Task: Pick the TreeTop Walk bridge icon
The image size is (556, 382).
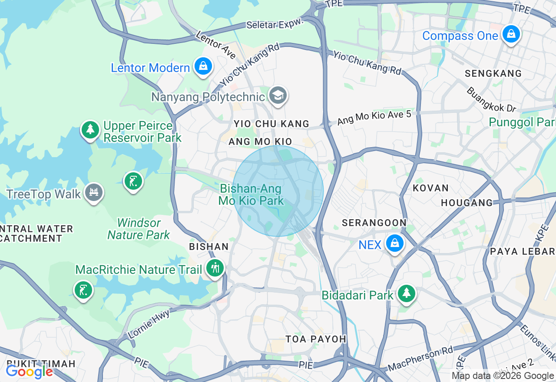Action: (93, 192)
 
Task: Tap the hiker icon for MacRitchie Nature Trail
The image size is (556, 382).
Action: (215, 268)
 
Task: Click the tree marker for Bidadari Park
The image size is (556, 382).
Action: (406, 294)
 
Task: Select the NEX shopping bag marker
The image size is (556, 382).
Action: (394, 244)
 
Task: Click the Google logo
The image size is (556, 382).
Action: (29, 372)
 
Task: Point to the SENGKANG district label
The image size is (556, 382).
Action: (493, 73)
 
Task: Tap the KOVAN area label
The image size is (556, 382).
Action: (430, 188)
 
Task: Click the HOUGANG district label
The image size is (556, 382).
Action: (467, 203)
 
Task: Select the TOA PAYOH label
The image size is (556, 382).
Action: (316, 339)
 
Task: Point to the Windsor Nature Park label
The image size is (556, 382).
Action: (139, 229)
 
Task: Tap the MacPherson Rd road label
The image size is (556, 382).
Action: (420, 359)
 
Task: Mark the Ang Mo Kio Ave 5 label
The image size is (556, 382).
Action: (374, 117)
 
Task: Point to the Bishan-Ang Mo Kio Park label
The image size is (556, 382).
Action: (251, 195)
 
